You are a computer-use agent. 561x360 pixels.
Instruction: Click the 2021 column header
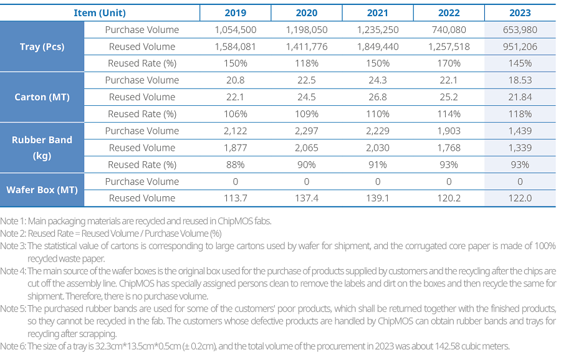(378, 13)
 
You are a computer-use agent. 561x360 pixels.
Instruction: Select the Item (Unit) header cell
(100, 13)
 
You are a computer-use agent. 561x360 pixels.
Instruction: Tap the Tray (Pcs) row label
(42, 47)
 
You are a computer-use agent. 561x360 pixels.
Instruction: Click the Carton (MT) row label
(42, 97)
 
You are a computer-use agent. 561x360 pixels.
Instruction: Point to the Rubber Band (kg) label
(42, 148)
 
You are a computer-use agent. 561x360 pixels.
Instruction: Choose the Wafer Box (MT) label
(42, 190)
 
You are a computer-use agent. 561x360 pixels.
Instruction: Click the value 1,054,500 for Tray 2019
(236, 30)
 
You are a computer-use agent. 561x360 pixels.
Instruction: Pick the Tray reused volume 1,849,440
(378, 47)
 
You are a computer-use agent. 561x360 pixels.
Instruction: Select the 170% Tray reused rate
(449, 64)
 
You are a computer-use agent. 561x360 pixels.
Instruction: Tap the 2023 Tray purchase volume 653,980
(520, 30)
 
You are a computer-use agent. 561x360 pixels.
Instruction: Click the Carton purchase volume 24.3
(378, 80)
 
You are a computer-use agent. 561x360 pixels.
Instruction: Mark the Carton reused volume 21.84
(520, 97)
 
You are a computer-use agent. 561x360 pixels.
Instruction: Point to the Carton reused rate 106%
(236, 114)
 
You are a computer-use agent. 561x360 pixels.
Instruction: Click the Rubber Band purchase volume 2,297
(307, 131)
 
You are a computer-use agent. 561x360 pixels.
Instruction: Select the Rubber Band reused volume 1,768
(449, 148)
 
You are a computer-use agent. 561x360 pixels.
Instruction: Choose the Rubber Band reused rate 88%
(236, 165)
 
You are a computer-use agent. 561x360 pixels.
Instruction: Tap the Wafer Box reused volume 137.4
(307, 199)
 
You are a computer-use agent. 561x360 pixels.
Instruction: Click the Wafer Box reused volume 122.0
(520, 199)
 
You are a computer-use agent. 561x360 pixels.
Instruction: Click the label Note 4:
(13, 272)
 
